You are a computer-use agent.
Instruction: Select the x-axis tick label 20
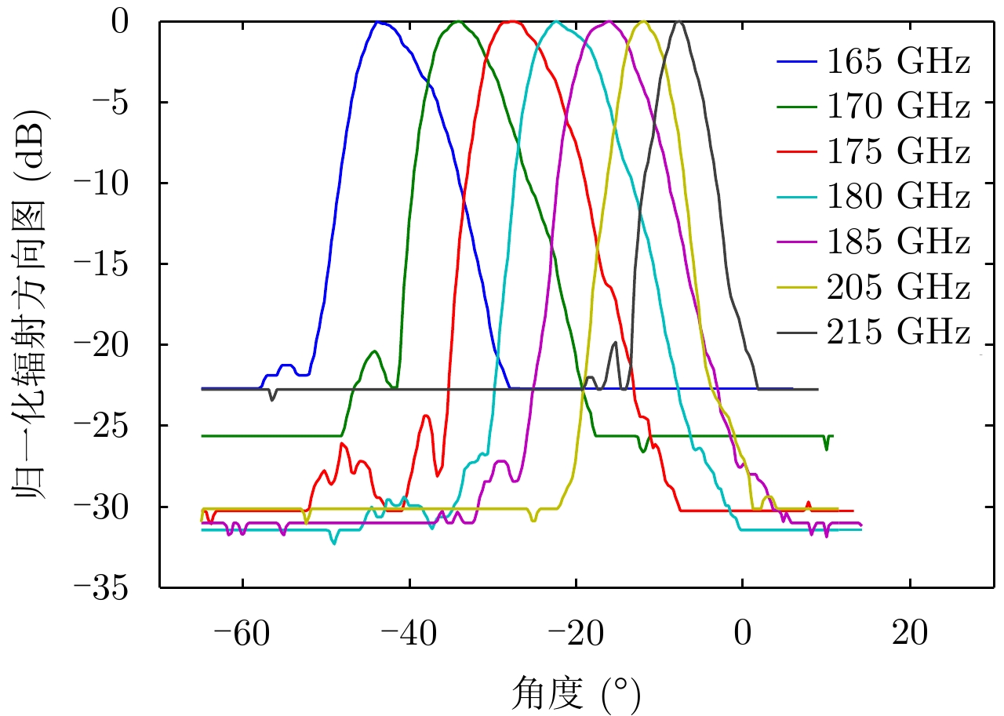(910, 633)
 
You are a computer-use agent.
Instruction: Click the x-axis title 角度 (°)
(576, 693)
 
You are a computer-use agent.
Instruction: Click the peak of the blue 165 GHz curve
(379, 22)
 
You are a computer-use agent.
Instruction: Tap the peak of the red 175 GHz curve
(511, 21)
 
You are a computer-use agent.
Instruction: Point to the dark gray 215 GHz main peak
(679, 22)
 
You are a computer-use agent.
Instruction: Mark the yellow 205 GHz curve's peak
(643, 21)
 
